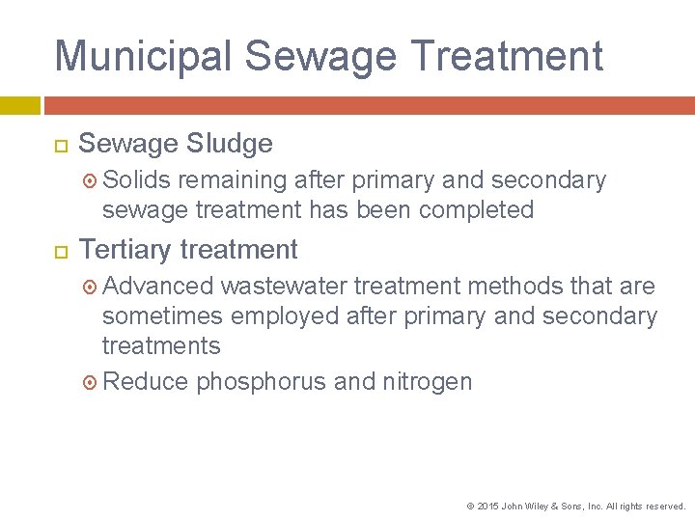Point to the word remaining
click(x=233, y=180)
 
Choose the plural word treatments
click(x=161, y=345)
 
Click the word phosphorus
click(x=261, y=382)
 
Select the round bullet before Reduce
click(x=91, y=382)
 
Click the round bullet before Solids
click(x=91, y=180)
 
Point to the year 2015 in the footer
click(x=487, y=506)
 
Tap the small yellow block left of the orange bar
click(x=19, y=104)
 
